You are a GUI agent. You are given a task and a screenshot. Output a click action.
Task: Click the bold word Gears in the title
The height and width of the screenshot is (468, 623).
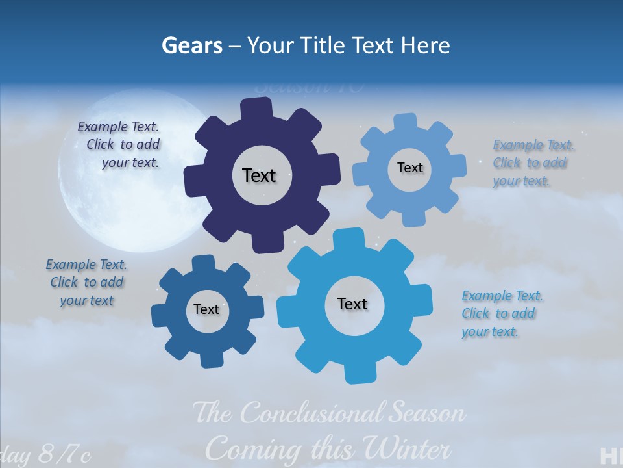(192, 45)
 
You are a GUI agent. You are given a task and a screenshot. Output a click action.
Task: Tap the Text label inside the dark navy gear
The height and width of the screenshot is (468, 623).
(259, 175)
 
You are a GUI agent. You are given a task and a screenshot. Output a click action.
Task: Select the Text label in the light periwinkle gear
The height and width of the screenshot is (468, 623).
(409, 168)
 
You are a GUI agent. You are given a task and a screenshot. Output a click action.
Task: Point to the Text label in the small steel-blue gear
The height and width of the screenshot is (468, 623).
(206, 309)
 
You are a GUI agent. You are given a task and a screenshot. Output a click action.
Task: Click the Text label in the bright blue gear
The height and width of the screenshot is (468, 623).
(352, 304)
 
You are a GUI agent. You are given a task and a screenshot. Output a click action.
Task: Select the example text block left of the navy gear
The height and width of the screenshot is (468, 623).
(120, 145)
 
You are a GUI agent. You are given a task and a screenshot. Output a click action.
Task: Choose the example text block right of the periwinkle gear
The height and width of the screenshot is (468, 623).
(532, 163)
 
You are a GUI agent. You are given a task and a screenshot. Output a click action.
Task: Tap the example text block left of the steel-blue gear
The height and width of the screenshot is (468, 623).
(86, 282)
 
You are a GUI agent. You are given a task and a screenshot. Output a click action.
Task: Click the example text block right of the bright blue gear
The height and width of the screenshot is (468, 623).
(501, 314)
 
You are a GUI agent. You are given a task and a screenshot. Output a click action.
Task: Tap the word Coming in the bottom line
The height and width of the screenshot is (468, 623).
(254, 449)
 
